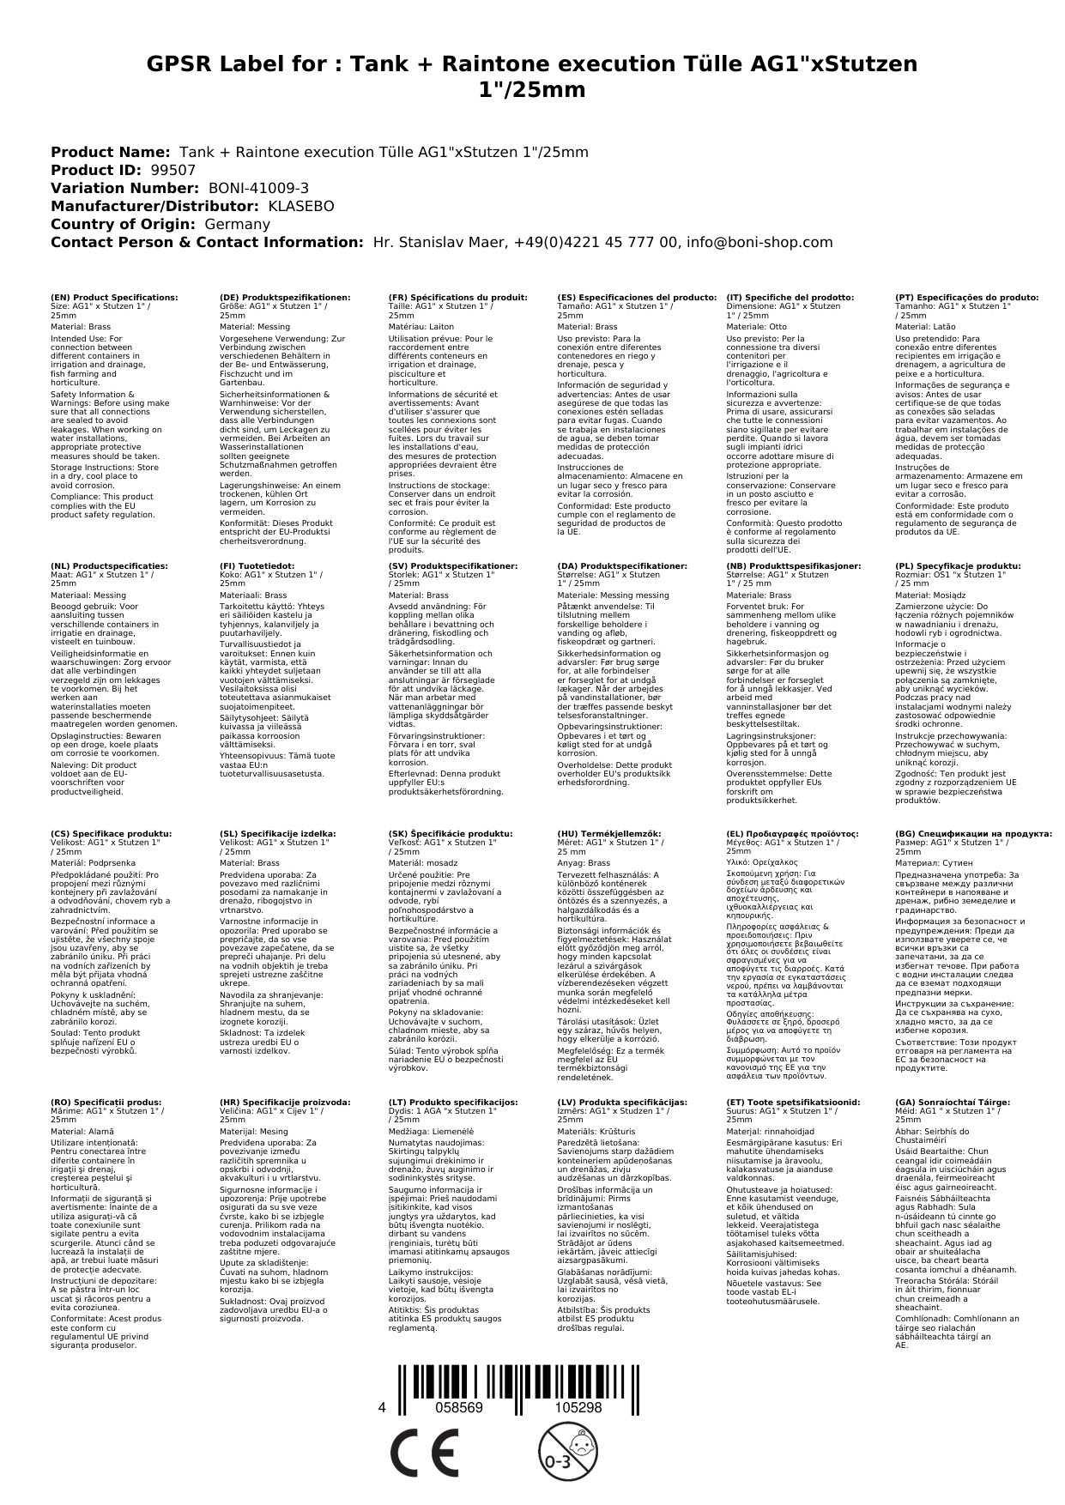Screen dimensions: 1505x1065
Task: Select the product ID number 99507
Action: click(x=172, y=170)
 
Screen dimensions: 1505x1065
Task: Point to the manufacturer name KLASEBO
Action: click(x=301, y=206)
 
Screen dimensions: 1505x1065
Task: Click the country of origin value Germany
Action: click(x=237, y=224)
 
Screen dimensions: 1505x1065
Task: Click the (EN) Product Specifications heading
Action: click(x=115, y=297)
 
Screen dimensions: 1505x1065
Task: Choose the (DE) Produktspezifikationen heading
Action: click(x=285, y=297)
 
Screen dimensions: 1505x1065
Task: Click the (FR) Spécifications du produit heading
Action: click(x=457, y=297)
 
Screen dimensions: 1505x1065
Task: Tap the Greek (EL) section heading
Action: click(x=792, y=833)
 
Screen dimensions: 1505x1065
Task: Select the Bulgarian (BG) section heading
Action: click(x=973, y=833)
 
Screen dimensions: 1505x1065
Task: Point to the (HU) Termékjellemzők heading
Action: click(x=609, y=833)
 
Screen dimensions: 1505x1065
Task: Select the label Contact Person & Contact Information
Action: click(x=208, y=242)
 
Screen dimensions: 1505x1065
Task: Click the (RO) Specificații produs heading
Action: click(x=106, y=1102)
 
